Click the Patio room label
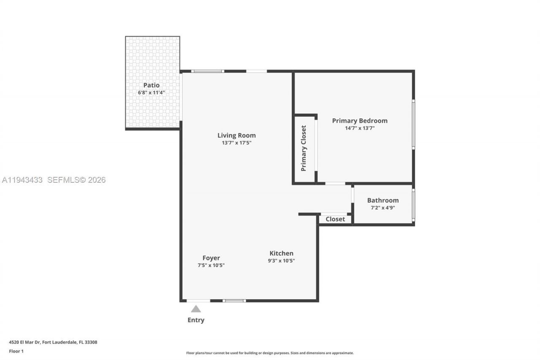151,85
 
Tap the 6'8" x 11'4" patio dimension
151,92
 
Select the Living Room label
236,135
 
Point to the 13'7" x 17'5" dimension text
236,143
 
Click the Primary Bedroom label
359,121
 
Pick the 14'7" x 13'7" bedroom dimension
359,128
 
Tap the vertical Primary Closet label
303,148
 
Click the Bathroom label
383,200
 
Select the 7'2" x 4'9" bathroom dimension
383,208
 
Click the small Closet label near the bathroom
335,219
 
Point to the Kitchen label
281,253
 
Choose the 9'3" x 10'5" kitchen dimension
281,261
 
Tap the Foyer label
211,258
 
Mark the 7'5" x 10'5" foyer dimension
211,265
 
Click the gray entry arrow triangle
196,309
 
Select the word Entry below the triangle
196,320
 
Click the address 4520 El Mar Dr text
53,342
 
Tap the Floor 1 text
16,351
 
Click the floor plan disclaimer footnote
270,353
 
